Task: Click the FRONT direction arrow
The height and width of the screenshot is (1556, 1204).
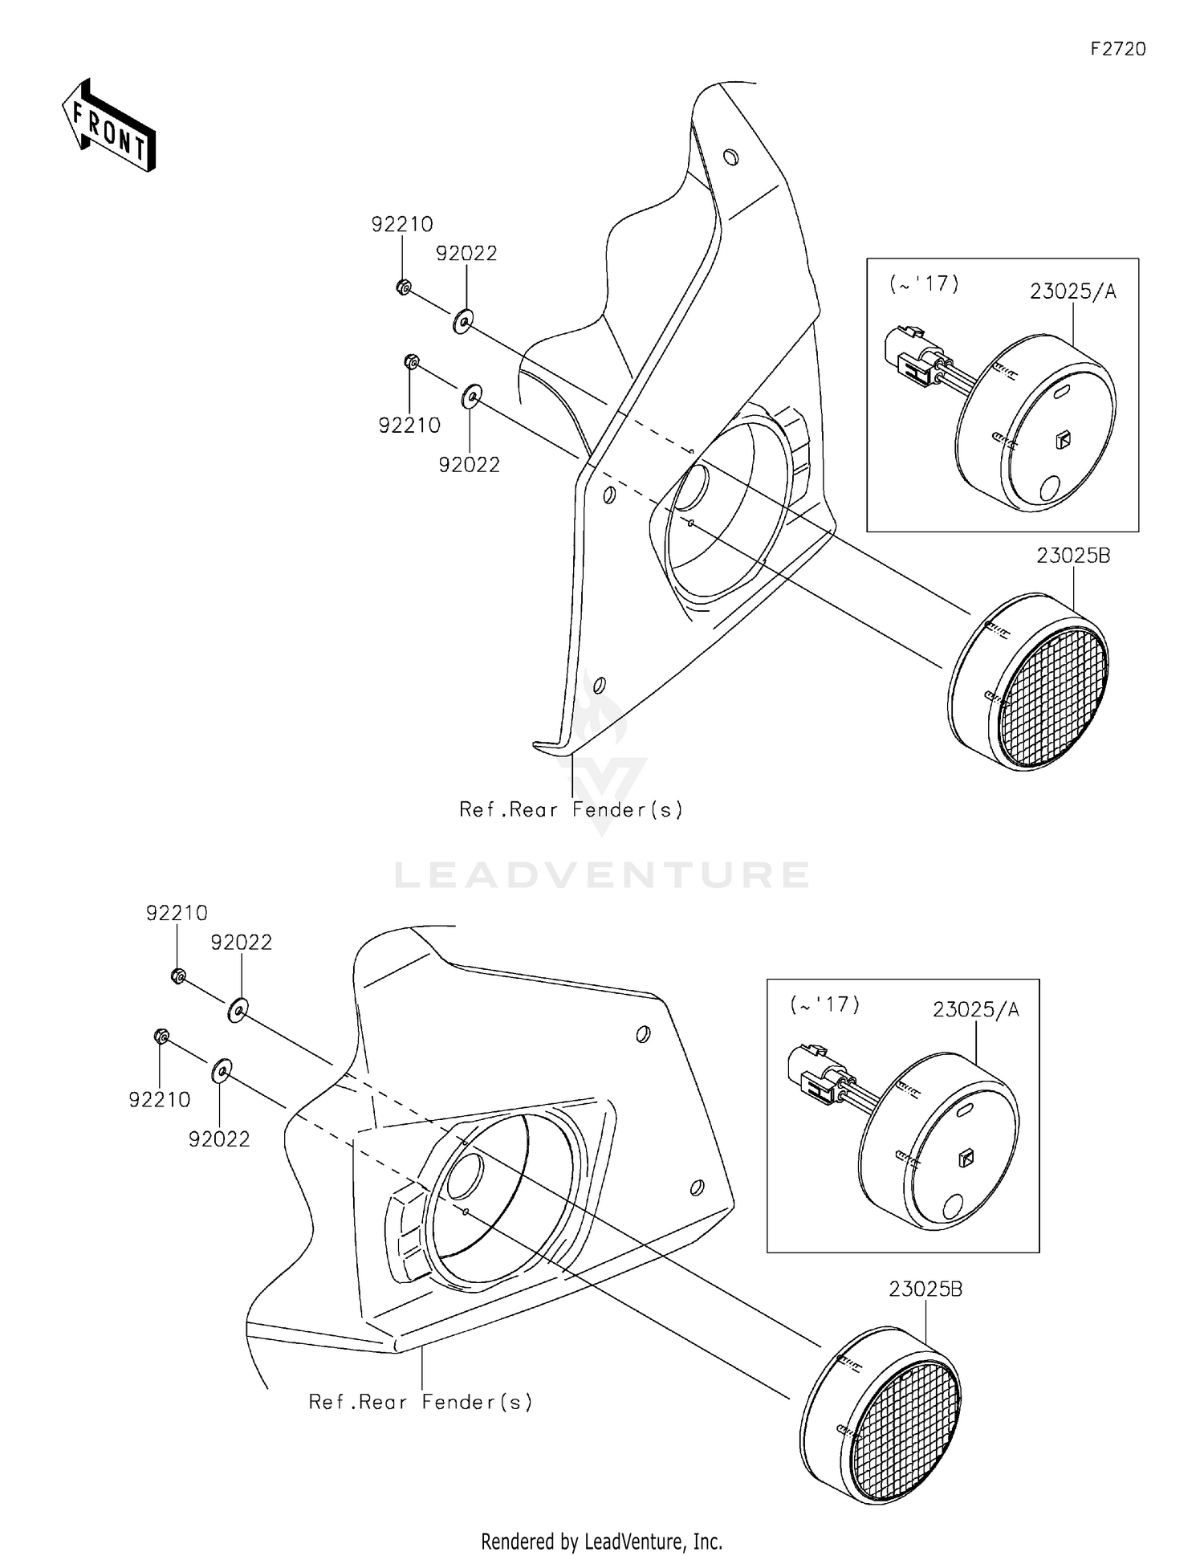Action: coord(109,126)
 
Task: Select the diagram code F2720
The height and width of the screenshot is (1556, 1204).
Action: coord(1117,49)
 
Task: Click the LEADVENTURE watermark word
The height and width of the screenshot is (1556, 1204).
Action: coord(601,874)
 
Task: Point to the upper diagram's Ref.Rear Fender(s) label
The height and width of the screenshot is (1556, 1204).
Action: coord(571,809)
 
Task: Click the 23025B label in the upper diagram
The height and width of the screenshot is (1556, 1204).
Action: coord(1073,556)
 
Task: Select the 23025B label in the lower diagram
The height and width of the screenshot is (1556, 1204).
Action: coord(925,1289)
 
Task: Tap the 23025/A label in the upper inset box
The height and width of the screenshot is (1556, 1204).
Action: coord(1073,291)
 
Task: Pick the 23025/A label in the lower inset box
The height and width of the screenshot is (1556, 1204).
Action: coord(975,1009)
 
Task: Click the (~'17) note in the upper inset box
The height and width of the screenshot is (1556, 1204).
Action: coord(924,284)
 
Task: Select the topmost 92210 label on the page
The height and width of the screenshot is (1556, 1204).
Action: coord(402,224)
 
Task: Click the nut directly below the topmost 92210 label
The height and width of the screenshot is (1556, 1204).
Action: coord(405,287)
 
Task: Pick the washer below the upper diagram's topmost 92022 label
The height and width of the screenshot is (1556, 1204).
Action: coord(463,321)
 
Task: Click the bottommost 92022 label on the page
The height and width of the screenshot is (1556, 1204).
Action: coord(219,1138)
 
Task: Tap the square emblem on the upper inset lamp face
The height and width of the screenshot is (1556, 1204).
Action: coord(1064,440)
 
